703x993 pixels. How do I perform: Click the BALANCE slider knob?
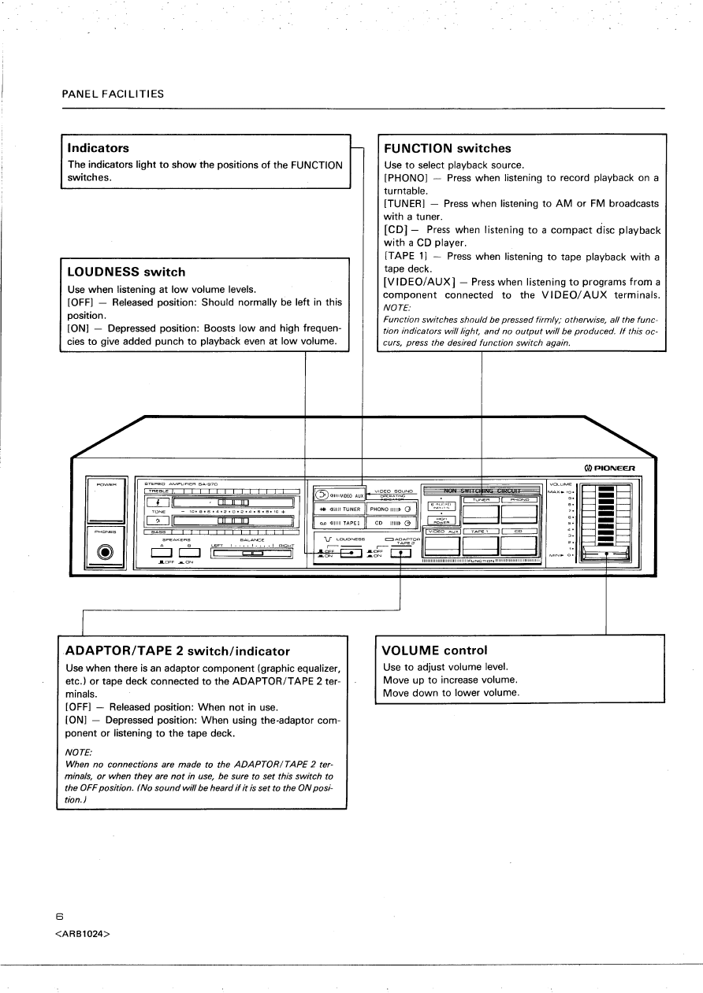point(252,553)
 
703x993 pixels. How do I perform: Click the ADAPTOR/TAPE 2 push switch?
point(401,552)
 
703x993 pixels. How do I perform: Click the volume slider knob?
point(605,554)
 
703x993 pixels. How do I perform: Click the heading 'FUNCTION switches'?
point(447,148)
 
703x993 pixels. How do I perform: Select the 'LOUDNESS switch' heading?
point(126,272)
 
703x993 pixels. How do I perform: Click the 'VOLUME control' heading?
point(434,650)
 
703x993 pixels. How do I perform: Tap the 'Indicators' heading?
point(99,147)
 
